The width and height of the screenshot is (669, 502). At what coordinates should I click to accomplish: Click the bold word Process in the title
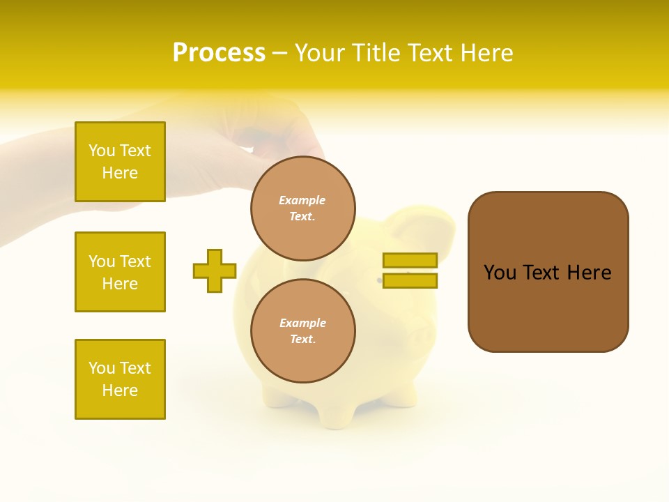[219, 53]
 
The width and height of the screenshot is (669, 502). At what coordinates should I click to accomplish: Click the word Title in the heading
[376, 53]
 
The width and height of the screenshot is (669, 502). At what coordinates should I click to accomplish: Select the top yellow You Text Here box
[120, 162]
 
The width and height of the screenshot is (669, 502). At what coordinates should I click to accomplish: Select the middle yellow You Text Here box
[120, 272]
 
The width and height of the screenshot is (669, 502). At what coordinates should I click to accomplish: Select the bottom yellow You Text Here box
[120, 379]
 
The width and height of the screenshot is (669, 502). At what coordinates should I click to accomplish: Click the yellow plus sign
[215, 271]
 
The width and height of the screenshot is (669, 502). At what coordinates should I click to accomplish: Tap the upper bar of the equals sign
[410, 260]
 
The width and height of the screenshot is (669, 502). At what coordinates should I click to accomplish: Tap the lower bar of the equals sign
[410, 280]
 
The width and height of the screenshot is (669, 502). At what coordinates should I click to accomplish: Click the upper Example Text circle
[302, 208]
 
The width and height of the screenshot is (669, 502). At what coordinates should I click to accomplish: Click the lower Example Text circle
[302, 330]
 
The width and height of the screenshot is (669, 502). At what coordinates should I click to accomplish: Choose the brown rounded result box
[548, 272]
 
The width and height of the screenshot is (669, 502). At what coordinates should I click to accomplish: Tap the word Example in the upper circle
[302, 200]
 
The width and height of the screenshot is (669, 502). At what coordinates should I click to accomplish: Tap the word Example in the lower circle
[302, 323]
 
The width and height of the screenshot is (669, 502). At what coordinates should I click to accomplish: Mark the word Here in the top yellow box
[120, 173]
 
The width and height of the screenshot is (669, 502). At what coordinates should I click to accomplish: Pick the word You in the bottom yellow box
[101, 368]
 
